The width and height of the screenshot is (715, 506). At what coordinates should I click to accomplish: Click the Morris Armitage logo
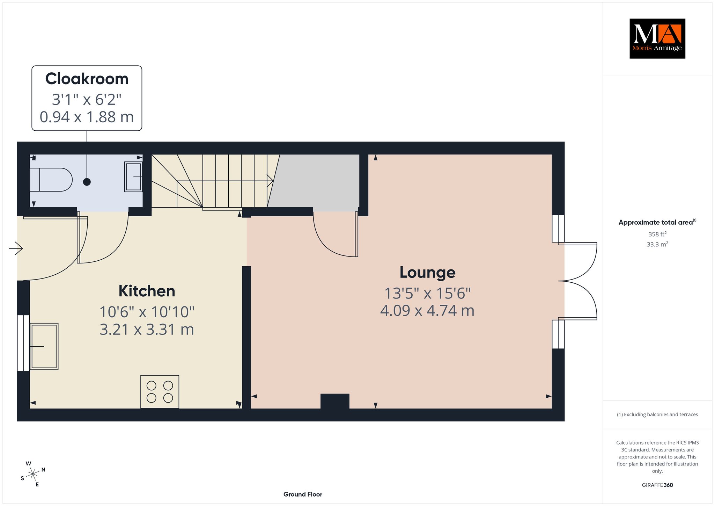coord(657,38)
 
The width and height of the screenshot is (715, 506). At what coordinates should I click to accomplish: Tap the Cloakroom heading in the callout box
coord(87,79)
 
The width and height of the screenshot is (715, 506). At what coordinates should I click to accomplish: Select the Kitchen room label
coord(147,291)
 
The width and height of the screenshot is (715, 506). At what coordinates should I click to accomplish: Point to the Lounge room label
coord(427,273)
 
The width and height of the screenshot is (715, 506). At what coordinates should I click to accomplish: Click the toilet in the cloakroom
coord(51,180)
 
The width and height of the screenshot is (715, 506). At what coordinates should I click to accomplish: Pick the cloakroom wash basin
coord(133,177)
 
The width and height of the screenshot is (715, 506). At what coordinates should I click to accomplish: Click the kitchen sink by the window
coord(44,346)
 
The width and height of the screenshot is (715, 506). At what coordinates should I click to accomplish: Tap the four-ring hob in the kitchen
coord(160,392)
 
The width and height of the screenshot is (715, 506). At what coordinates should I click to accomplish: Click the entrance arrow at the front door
coord(16,248)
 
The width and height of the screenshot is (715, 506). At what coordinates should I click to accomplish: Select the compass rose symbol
coord(33,474)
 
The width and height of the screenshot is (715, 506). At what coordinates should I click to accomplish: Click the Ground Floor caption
coord(303,494)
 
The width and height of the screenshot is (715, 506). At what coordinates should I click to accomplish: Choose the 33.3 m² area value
coord(657,244)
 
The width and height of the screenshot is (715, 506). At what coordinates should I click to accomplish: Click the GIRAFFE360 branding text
coord(657,485)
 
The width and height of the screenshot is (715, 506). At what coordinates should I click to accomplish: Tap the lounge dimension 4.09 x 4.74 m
coord(427,311)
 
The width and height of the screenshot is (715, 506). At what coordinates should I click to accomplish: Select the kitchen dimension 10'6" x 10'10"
coord(147,312)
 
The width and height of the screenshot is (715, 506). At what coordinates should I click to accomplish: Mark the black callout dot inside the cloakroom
coord(87,182)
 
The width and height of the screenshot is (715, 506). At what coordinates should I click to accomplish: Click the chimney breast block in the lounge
coord(335,401)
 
